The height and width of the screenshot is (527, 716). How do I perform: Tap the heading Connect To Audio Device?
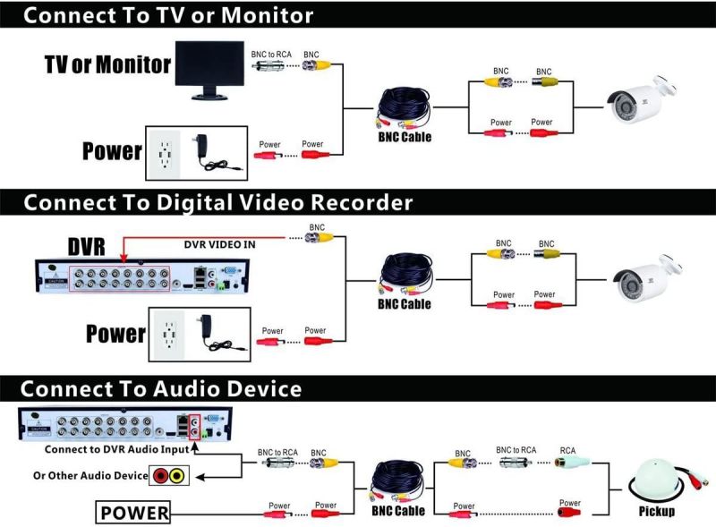click(x=161, y=389)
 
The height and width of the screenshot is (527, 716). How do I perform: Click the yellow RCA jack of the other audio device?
click(x=177, y=476)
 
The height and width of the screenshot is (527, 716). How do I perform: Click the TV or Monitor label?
click(x=107, y=65)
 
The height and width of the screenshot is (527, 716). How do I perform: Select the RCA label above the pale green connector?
click(x=567, y=451)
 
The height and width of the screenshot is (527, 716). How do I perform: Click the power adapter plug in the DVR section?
click(x=215, y=331)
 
